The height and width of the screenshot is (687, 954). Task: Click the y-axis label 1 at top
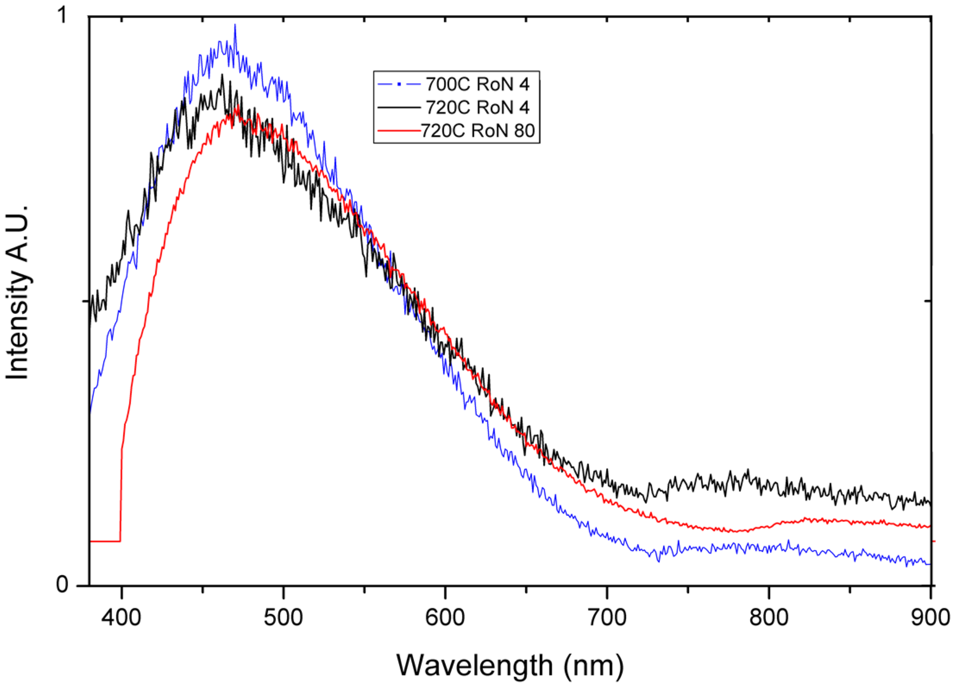click(63, 16)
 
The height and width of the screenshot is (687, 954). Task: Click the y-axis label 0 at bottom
click(62, 584)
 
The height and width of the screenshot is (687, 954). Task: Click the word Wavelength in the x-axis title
click(474, 665)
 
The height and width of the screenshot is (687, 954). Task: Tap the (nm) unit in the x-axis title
click(593, 665)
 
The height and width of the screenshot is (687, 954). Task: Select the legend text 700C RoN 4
click(477, 84)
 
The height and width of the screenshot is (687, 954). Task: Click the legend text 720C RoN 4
click(477, 107)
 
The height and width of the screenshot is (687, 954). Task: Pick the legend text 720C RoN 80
click(477, 131)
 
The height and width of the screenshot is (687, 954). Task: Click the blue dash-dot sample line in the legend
click(399, 84)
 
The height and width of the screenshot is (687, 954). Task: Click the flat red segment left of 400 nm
click(105, 541)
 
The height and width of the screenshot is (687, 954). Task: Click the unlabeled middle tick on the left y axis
click(85, 301)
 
